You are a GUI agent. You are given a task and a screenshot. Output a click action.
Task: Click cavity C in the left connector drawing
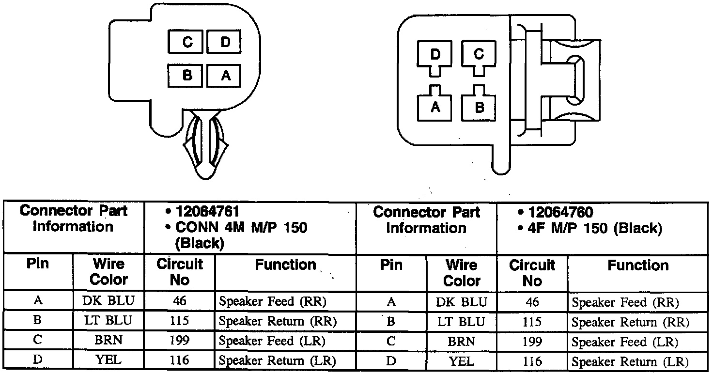click(187, 42)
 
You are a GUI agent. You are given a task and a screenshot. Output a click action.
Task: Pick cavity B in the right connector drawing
click(479, 107)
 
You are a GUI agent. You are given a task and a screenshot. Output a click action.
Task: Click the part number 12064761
click(207, 212)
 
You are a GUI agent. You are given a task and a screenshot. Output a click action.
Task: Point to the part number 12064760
click(560, 212)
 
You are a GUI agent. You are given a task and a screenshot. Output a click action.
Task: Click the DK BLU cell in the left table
click(108, 301)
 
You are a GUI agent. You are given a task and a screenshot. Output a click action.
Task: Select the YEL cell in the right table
click(462, 361)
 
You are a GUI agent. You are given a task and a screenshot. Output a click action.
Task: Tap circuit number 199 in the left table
click(179, 341)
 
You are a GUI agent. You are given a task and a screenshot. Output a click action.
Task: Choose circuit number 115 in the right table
click(532, 322)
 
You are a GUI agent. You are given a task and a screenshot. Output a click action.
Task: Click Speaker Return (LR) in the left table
click(277, 360)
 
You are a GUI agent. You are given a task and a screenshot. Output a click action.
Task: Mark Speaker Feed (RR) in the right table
click(625, 302)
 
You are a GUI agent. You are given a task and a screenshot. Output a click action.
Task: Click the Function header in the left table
click(285, 265)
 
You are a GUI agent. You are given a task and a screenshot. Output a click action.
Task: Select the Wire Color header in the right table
click(462, 273)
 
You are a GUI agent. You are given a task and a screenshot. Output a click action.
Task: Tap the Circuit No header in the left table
click(179, 272)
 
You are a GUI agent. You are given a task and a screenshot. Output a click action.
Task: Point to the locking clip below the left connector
click(205, 145)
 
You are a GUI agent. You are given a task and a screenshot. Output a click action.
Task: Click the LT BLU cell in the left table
click(108, 320)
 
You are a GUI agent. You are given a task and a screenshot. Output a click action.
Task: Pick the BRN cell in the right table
click(462, 341)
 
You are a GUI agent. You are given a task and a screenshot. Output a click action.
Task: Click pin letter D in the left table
click(38, 360)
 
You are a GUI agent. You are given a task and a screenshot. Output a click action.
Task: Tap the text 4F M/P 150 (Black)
click(595, 228)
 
